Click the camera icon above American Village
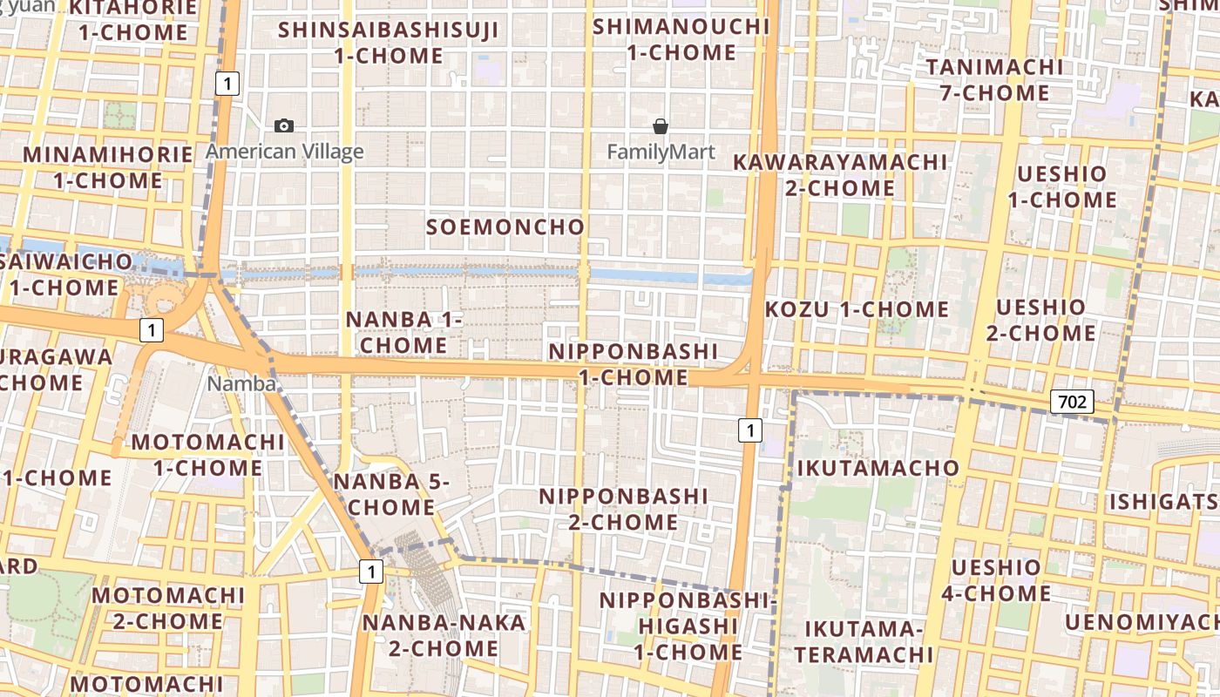pyautogui.click(x=284, y=126)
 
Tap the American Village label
pyautogui.click(x=285, y=152)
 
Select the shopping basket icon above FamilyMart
pyautogui.click(x=661, y=127)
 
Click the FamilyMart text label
pyautogui.click(x=661, y=152)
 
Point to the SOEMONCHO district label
pyautogui.click(x=505, y=227)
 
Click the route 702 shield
pyautogui.click(x=1071, y=402)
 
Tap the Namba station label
pyautogui.click(x=241, y=383)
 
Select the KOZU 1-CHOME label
pyautogui.click(x=857, y=309)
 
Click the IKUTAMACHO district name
pyautogui.click(x=878, y=468)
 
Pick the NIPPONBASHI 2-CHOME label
pyautogui.click(x=623, y=509)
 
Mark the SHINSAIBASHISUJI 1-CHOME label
pyautogui.click(x=389, y=43)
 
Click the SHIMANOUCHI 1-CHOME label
pyautogui.click(x=681, y=39)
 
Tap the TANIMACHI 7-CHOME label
pyautogui.click(x=994, y=79)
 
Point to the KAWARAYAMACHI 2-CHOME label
pyautogui.click(x=839, y=174)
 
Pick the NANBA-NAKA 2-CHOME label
pyautogui.click(x=444, y=635)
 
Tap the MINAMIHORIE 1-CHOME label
pyautogui.click(x=108, y=167)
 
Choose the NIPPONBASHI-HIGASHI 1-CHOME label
pyautogui.click(x=688, y=626)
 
